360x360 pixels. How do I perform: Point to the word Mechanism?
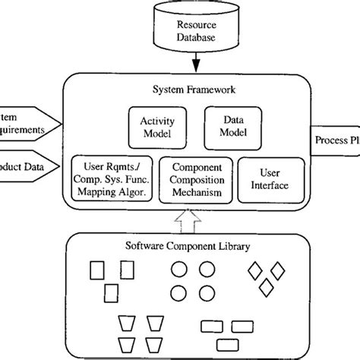[x=197, y=194]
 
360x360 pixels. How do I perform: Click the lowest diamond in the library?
[x=266, y=286]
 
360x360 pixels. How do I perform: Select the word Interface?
[x=270, y=185]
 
